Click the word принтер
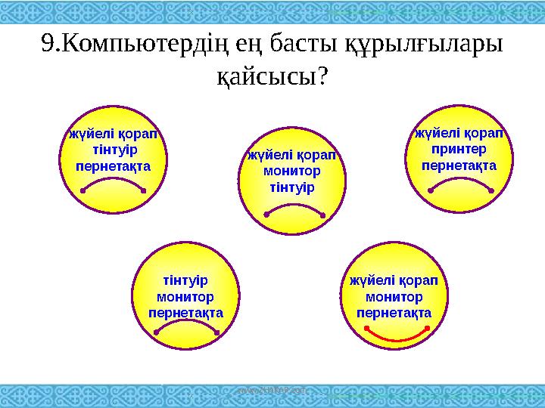click(459, 149)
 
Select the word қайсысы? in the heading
click(272, 76)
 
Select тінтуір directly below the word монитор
click(292, 186)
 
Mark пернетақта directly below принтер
click(459, 164)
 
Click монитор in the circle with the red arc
click(397, 296)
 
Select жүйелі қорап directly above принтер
click(459, 134)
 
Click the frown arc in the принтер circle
click(459, 184)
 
